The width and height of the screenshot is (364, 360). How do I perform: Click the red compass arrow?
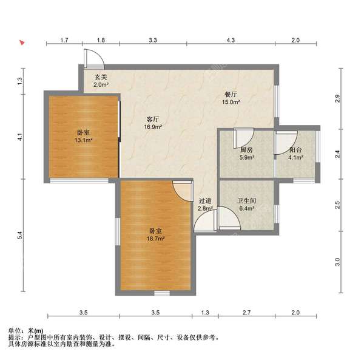22,42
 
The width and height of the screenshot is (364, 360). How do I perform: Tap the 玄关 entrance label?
101,77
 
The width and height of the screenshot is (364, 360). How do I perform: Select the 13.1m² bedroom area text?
83,140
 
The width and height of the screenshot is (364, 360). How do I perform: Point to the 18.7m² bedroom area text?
155,239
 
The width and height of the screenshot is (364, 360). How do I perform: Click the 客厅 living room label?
153,120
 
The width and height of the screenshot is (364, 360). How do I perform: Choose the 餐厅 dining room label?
231,95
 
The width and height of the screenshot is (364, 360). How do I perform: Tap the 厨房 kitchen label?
246,150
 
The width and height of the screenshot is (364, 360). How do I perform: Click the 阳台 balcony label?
295,150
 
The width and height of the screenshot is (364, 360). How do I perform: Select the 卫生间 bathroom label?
246,201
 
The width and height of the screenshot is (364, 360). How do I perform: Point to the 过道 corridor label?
205,201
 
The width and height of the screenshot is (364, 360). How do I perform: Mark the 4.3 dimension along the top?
231,40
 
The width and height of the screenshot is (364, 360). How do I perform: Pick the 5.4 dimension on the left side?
20,236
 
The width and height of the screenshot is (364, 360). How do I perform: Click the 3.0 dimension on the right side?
337,262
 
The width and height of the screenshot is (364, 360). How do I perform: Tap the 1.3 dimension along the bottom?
205,313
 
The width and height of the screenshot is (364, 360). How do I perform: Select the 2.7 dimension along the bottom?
246,313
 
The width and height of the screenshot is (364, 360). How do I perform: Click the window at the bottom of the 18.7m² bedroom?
162,293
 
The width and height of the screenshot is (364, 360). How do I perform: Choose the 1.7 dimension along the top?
64,40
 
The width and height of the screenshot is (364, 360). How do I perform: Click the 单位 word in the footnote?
15,330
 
